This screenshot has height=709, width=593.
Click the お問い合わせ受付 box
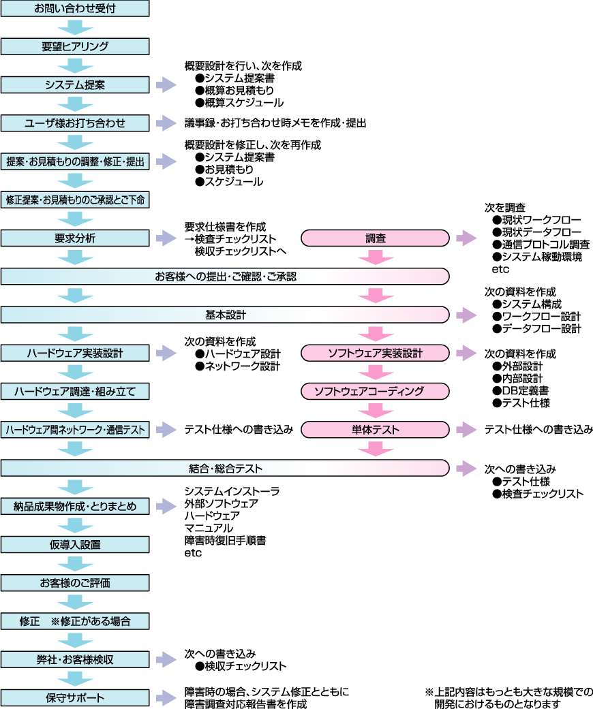point(75,9)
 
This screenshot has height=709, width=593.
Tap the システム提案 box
point(75,85)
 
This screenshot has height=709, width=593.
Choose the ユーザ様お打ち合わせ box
point(75,123)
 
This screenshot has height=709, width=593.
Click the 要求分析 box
point(75,238)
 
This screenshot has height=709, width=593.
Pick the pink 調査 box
point(375,238)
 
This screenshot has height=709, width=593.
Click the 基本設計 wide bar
point(225,315)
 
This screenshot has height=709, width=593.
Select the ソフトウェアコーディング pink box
point(375,391)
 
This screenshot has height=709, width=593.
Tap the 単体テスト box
point(375,430)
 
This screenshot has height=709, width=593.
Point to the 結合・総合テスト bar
point(225,468)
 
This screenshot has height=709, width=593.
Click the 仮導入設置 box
point(75,544)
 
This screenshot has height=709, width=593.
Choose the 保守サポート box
point(75,697)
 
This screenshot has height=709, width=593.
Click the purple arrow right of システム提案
point(165,85)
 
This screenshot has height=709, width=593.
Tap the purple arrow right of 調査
point(466,238)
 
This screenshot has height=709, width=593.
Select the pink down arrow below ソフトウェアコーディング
point(376,410)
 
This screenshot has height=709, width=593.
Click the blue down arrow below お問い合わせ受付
point(75,28)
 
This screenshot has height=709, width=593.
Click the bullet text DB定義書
point(525,390)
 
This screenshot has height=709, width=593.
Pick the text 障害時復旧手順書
point(225,540)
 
